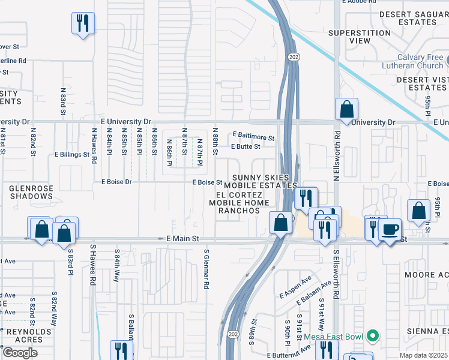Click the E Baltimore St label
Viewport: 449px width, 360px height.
tap(253, 137)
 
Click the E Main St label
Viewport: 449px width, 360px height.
tap(182, 239)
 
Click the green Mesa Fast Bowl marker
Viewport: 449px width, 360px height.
tap(373, 335)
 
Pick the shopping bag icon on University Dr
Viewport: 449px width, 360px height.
tap(346, 109)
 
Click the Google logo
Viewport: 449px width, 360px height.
tap(20, 352)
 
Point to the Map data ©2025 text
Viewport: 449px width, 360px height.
tap(424, 355)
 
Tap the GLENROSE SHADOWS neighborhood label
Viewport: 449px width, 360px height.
tap(31, 193)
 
